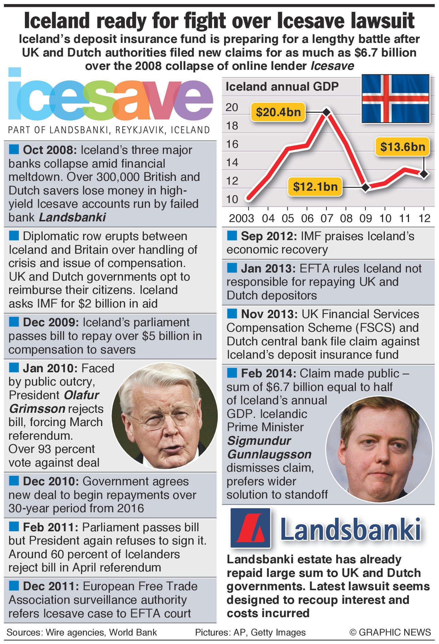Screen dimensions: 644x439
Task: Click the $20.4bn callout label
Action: pos(278,112)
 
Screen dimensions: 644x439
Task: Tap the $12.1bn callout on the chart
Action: pos(315,187)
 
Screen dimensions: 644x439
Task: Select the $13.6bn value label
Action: pos(403,147)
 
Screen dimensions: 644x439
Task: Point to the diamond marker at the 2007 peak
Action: pos(327,112)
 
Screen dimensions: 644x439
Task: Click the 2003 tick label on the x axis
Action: pos(241,218)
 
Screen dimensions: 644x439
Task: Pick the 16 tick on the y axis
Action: pos(232,144)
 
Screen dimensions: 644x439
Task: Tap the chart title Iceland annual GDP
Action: pos(282,87)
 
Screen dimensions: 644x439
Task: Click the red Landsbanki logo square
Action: pos(251,528)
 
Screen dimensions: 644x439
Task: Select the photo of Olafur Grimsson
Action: pos(165,415)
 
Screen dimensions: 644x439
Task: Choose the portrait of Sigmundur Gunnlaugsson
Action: pos(379,449)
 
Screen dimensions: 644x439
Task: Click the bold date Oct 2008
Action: pos(50,150)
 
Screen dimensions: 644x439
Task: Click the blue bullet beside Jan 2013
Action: pos(232,268)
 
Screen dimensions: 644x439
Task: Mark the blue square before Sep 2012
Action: pos(232,235)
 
